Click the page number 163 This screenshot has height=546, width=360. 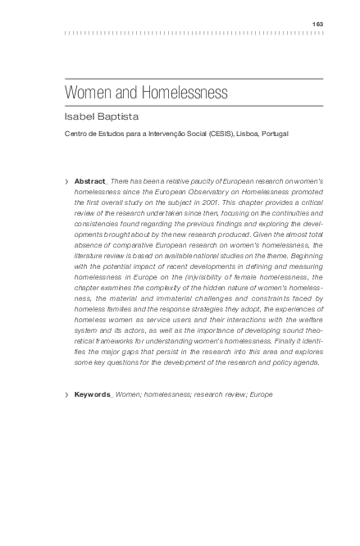(x=318, y=24)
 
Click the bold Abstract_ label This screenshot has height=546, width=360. (x=90, y=180)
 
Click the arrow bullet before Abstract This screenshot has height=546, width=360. (x=66, y=180)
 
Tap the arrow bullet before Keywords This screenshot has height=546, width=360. (x=66, y=394)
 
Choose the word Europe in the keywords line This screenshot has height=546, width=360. (x=259, y=394)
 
